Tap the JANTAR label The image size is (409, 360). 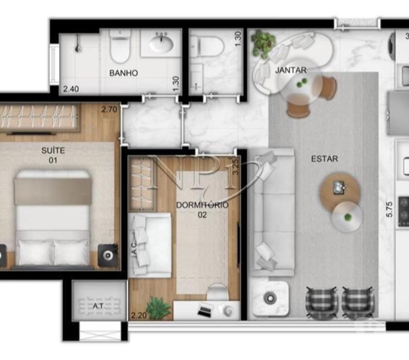291,70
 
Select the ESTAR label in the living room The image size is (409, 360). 324,159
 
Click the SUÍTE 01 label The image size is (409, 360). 53,155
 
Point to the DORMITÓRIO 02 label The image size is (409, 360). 203,210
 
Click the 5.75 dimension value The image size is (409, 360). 389,209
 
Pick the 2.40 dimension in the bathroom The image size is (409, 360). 71,89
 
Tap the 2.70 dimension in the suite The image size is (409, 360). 109,109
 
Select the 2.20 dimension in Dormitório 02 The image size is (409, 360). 139,316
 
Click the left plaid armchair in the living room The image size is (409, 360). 322,303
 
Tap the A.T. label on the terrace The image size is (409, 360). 99,306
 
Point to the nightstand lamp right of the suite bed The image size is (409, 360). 107,255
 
